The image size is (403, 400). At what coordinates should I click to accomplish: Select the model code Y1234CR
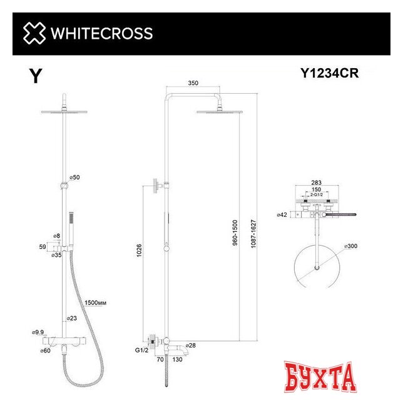(329, 74)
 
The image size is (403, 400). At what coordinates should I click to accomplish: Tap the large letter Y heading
(36, 76)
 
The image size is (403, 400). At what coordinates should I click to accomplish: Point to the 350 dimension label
(192, 84)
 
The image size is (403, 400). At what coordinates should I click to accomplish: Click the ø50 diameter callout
(74, 178)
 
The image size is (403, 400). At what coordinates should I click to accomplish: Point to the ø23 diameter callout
(73, 318)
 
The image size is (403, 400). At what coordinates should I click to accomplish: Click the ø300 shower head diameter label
(350, 247)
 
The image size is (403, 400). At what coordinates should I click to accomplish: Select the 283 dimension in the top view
(316, 184)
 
